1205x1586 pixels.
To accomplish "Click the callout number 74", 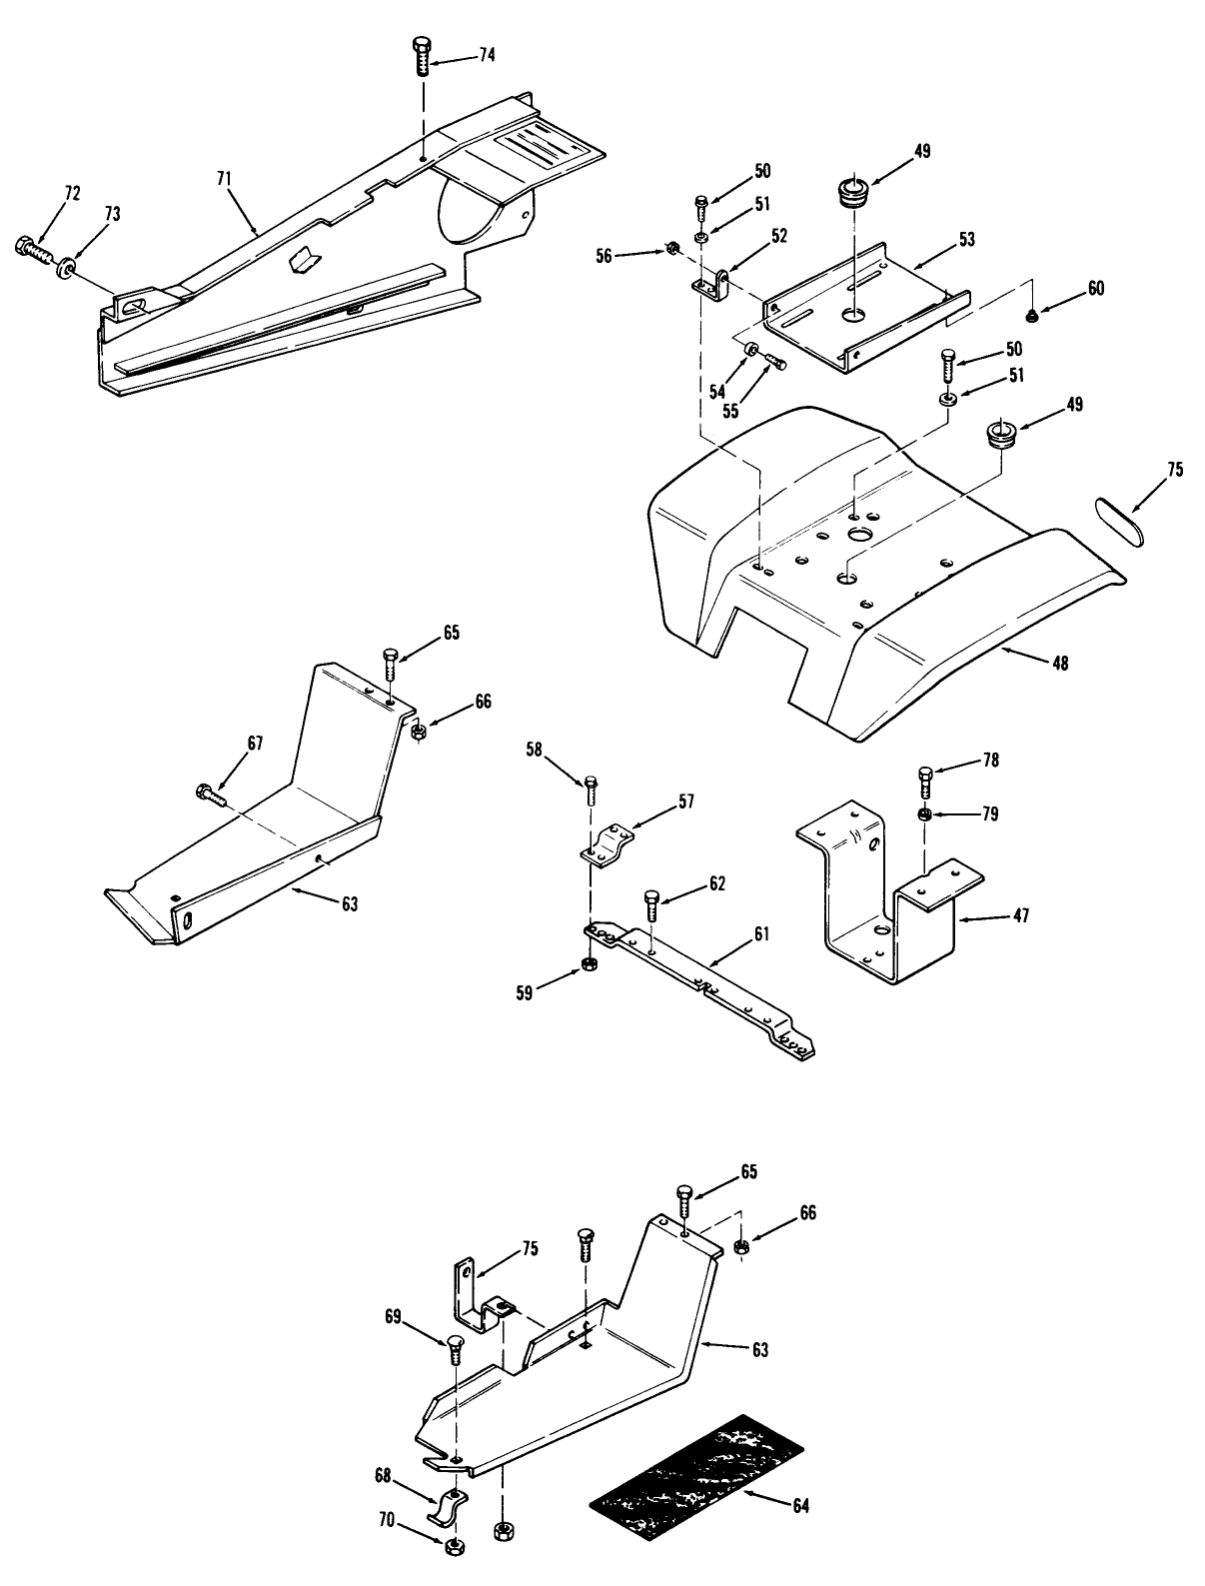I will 486,56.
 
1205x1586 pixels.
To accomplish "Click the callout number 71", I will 224,178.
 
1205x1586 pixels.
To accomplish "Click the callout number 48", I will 1059,663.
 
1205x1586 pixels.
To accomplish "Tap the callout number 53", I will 966,239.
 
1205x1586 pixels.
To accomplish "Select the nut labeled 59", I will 590,964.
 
